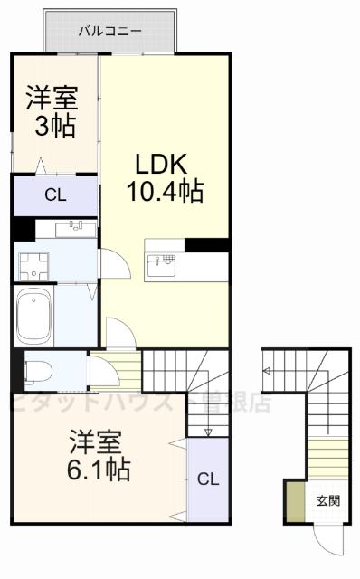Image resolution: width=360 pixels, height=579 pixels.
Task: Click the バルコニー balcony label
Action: click(x=109, y=31)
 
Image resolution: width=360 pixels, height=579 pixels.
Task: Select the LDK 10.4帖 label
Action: click(x=164, y=177)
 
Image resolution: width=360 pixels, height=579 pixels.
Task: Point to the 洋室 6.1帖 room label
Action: click(x=99, y=458)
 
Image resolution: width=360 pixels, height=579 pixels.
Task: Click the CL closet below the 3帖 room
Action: click(x=54, y=194)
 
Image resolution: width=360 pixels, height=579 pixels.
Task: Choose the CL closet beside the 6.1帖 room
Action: click(x=208, y=479)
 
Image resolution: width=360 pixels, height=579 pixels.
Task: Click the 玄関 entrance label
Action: click(x=328, y=499)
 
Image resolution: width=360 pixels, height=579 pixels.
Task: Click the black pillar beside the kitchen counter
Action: click(x=206, y=244)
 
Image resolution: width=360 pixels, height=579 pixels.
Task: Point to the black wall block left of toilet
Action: click(x=16, y=369)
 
